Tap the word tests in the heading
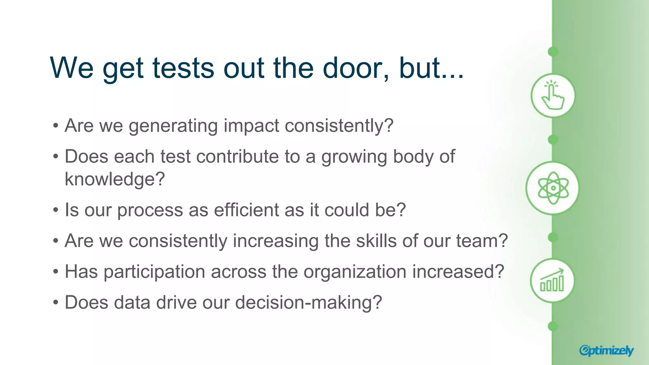coord(183,68)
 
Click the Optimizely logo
coord(606,350)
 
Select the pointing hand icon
coord(553,95)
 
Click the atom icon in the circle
coord(553,188)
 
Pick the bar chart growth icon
coord(552,280)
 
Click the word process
coord(150,210)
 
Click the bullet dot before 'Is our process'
coord(56,210)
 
